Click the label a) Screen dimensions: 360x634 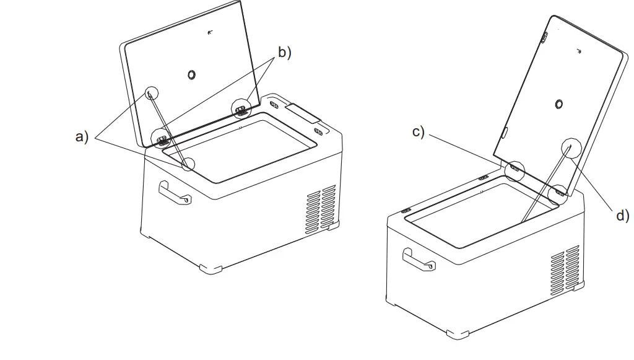point(82,137)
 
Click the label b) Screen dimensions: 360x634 point(284,53)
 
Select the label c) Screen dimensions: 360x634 point(419,132)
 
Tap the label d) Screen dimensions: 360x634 point(621,215)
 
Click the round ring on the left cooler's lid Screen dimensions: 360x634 point(192,75)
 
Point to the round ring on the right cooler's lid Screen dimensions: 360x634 point(559,104)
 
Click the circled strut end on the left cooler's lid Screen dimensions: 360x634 point(152,93)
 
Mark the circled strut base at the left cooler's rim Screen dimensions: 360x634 point(187,164)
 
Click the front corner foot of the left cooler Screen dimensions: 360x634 point(211,268)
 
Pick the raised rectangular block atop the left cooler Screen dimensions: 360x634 point(303,113)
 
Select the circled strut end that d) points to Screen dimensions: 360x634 point(570,146)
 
